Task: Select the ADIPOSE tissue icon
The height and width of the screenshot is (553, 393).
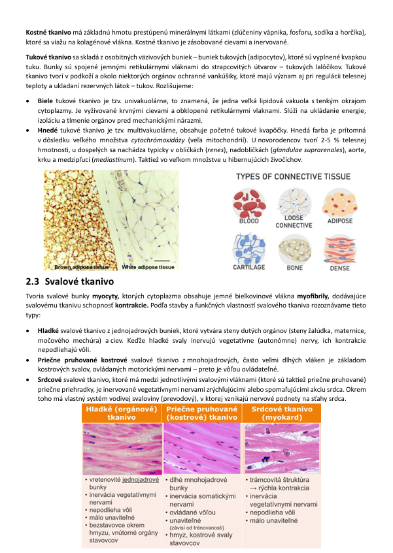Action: (x=339, y=202)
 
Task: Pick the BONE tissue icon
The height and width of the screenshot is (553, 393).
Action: (x=294, y=248)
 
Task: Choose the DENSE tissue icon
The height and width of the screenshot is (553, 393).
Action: (x=339, y=248)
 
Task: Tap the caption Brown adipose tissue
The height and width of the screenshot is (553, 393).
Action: (x=81, y=266)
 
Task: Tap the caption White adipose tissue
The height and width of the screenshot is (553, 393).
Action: (x=148, y=266)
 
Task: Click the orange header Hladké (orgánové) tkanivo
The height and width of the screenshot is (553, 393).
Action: (x=122, y=413)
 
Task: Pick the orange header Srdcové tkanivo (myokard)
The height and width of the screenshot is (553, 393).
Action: (x=282, y=413)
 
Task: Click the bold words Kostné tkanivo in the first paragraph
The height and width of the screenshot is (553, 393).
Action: (x=48, y=31)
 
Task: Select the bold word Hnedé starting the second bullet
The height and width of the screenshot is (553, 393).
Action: (x=47, y=130)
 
